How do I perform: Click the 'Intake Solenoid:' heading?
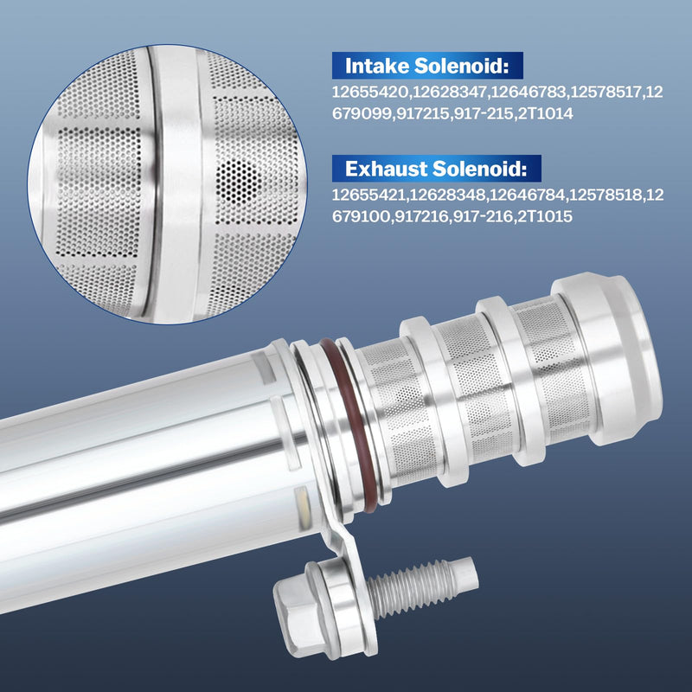click(426, 66)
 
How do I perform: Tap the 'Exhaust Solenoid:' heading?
click(436, 169)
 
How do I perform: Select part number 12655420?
click(370, 93)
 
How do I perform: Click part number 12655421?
click(368, 195)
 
